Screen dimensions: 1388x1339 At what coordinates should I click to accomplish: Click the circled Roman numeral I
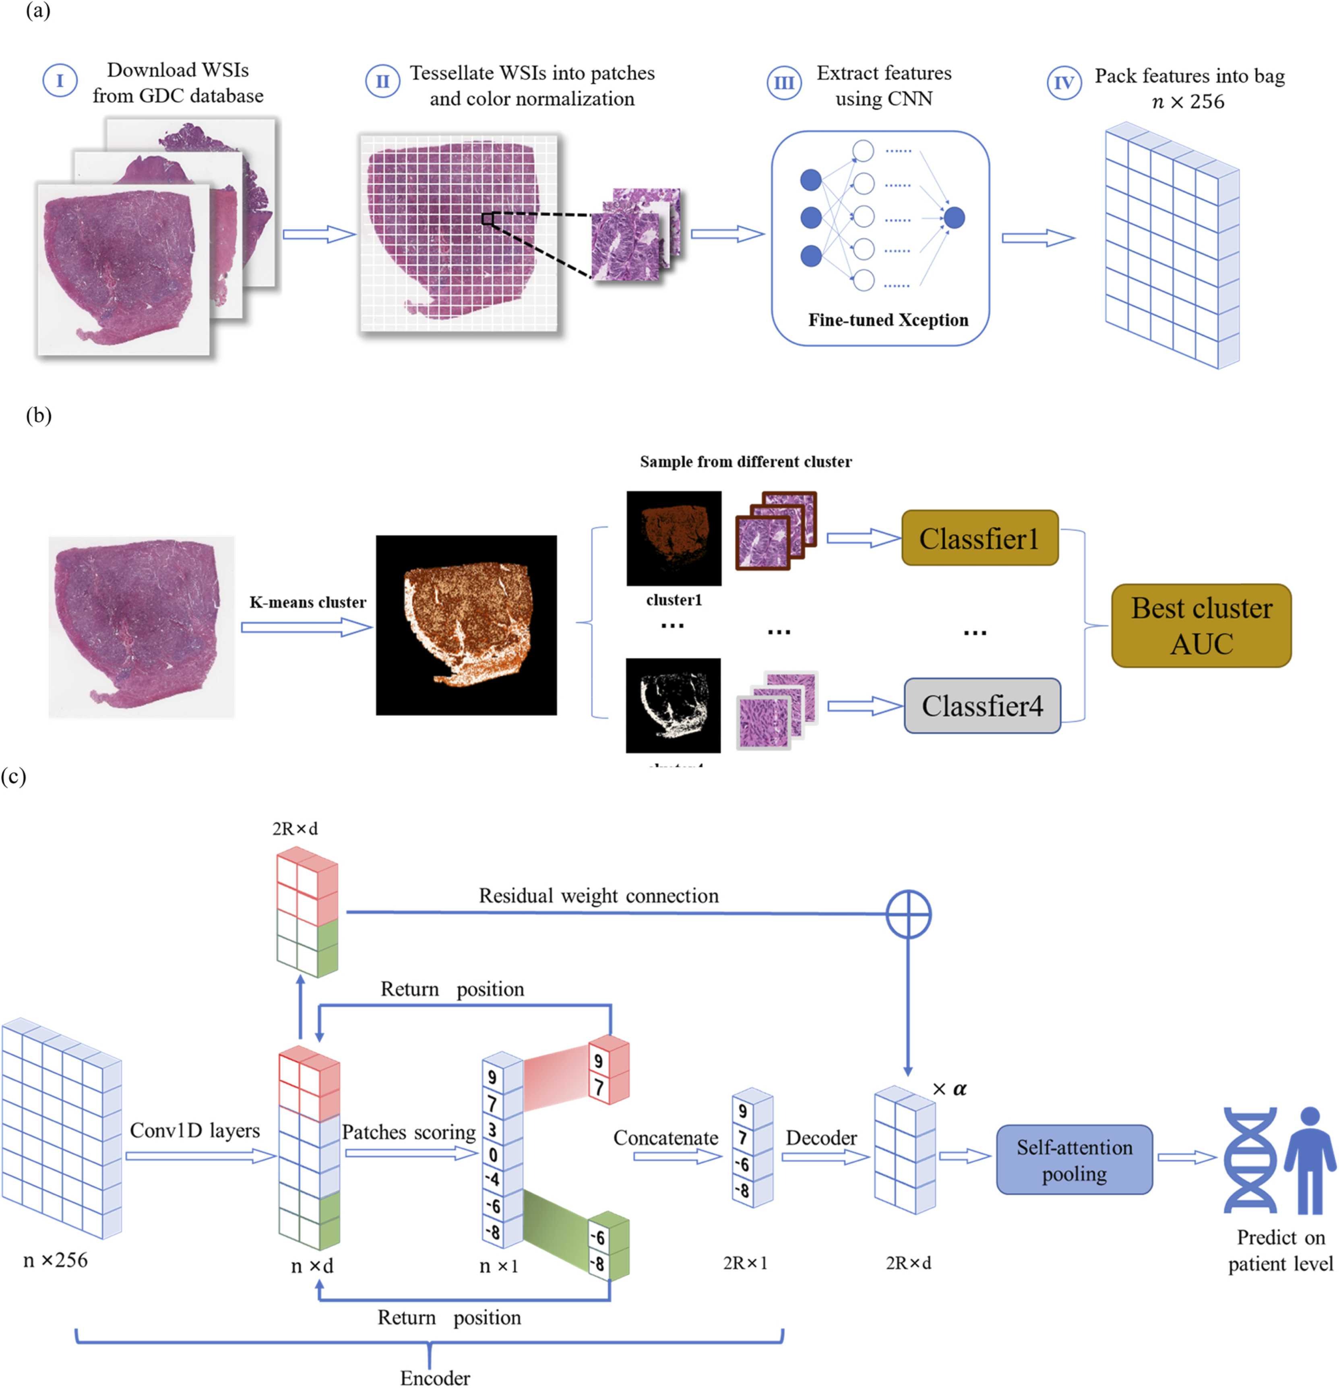point(60,81)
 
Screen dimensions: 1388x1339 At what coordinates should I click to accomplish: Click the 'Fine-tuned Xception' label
point(888,320)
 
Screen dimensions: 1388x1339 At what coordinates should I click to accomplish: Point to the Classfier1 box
point(979,538)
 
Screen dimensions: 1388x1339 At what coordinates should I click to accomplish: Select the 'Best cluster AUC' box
point(1201,625)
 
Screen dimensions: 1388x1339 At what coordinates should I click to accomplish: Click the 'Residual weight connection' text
point(598,896)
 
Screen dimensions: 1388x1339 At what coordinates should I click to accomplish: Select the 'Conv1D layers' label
point(195,1130)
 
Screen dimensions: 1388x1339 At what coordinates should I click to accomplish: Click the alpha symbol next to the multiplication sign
point(959,1089)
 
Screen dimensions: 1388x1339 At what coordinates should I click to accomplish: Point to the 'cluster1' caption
point(674,600)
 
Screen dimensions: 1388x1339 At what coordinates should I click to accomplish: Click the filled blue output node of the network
point(954,217)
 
